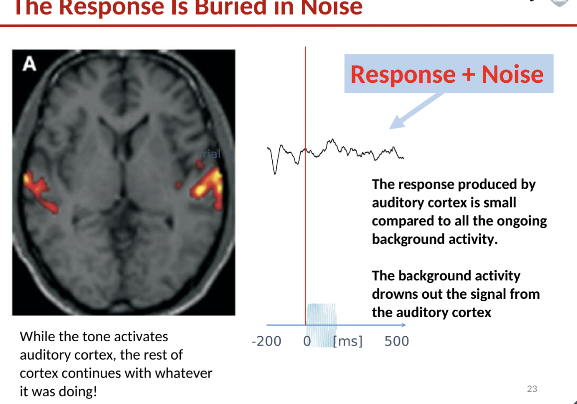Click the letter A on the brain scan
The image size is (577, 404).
[29, 64]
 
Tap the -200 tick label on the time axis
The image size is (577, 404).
[266, 341]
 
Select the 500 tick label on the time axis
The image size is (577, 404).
[396, 341]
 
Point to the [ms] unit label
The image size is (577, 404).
[348, 341]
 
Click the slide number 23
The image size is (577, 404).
[532, 389]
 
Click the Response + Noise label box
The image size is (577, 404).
[448, 74]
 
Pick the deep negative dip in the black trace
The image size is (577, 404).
[274, 170]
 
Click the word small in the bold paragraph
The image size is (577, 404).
[500, 202]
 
